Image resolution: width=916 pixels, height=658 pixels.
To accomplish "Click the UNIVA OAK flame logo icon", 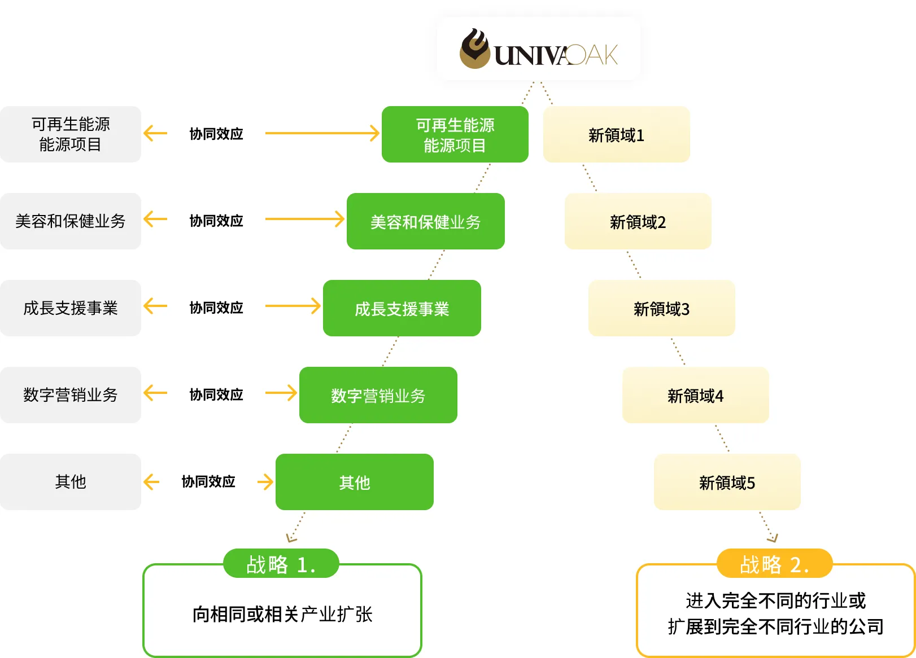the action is point(475,48).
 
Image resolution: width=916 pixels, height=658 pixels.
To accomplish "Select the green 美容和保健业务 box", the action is point(425,221).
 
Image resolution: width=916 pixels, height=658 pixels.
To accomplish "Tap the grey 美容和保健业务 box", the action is point(71,221).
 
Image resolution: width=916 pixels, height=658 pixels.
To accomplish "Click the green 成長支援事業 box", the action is point(402,308).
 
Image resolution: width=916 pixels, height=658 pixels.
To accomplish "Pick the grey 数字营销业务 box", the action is point(71,395).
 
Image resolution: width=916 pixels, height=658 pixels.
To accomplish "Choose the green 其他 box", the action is point(354,482).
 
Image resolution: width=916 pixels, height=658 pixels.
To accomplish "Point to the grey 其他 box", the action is point(71,482).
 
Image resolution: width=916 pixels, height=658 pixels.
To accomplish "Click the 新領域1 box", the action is point(616,134).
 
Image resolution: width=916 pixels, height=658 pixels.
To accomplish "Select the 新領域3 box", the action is point(661,308).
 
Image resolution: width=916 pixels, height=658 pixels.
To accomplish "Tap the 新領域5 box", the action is point(727,482).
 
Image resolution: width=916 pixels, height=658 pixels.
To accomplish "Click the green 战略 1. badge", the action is point(281,563).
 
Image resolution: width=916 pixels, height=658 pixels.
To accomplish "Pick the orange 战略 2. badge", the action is point(774,563).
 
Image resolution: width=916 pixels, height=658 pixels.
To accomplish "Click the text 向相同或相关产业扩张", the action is point(282,614).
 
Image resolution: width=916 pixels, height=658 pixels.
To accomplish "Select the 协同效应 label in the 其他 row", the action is point(208,481).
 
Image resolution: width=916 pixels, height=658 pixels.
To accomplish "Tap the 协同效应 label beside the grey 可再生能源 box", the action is point(216,134).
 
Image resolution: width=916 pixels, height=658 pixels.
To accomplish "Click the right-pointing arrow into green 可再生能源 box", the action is point(322,133).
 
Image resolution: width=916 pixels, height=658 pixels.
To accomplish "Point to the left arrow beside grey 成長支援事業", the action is point(155,306).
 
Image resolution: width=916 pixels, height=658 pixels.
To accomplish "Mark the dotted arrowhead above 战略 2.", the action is point(773,538).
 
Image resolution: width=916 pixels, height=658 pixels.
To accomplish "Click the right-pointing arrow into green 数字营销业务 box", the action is point(281,393).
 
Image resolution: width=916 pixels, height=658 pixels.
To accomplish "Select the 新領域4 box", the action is point(695,395).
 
